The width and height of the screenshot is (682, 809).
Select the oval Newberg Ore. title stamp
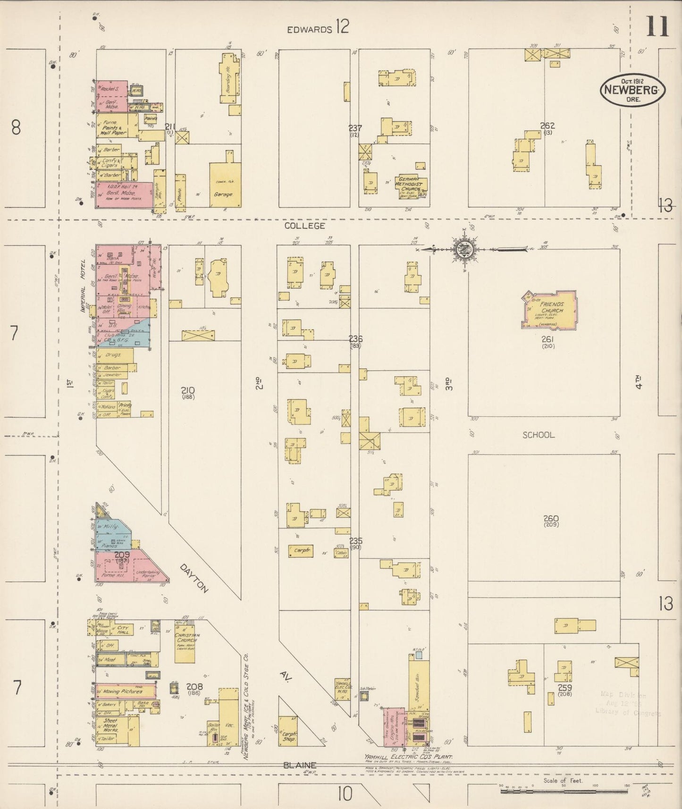632,89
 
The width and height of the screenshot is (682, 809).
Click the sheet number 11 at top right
657,26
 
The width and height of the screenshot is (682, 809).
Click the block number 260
550,518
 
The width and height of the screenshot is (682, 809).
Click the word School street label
538,435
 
